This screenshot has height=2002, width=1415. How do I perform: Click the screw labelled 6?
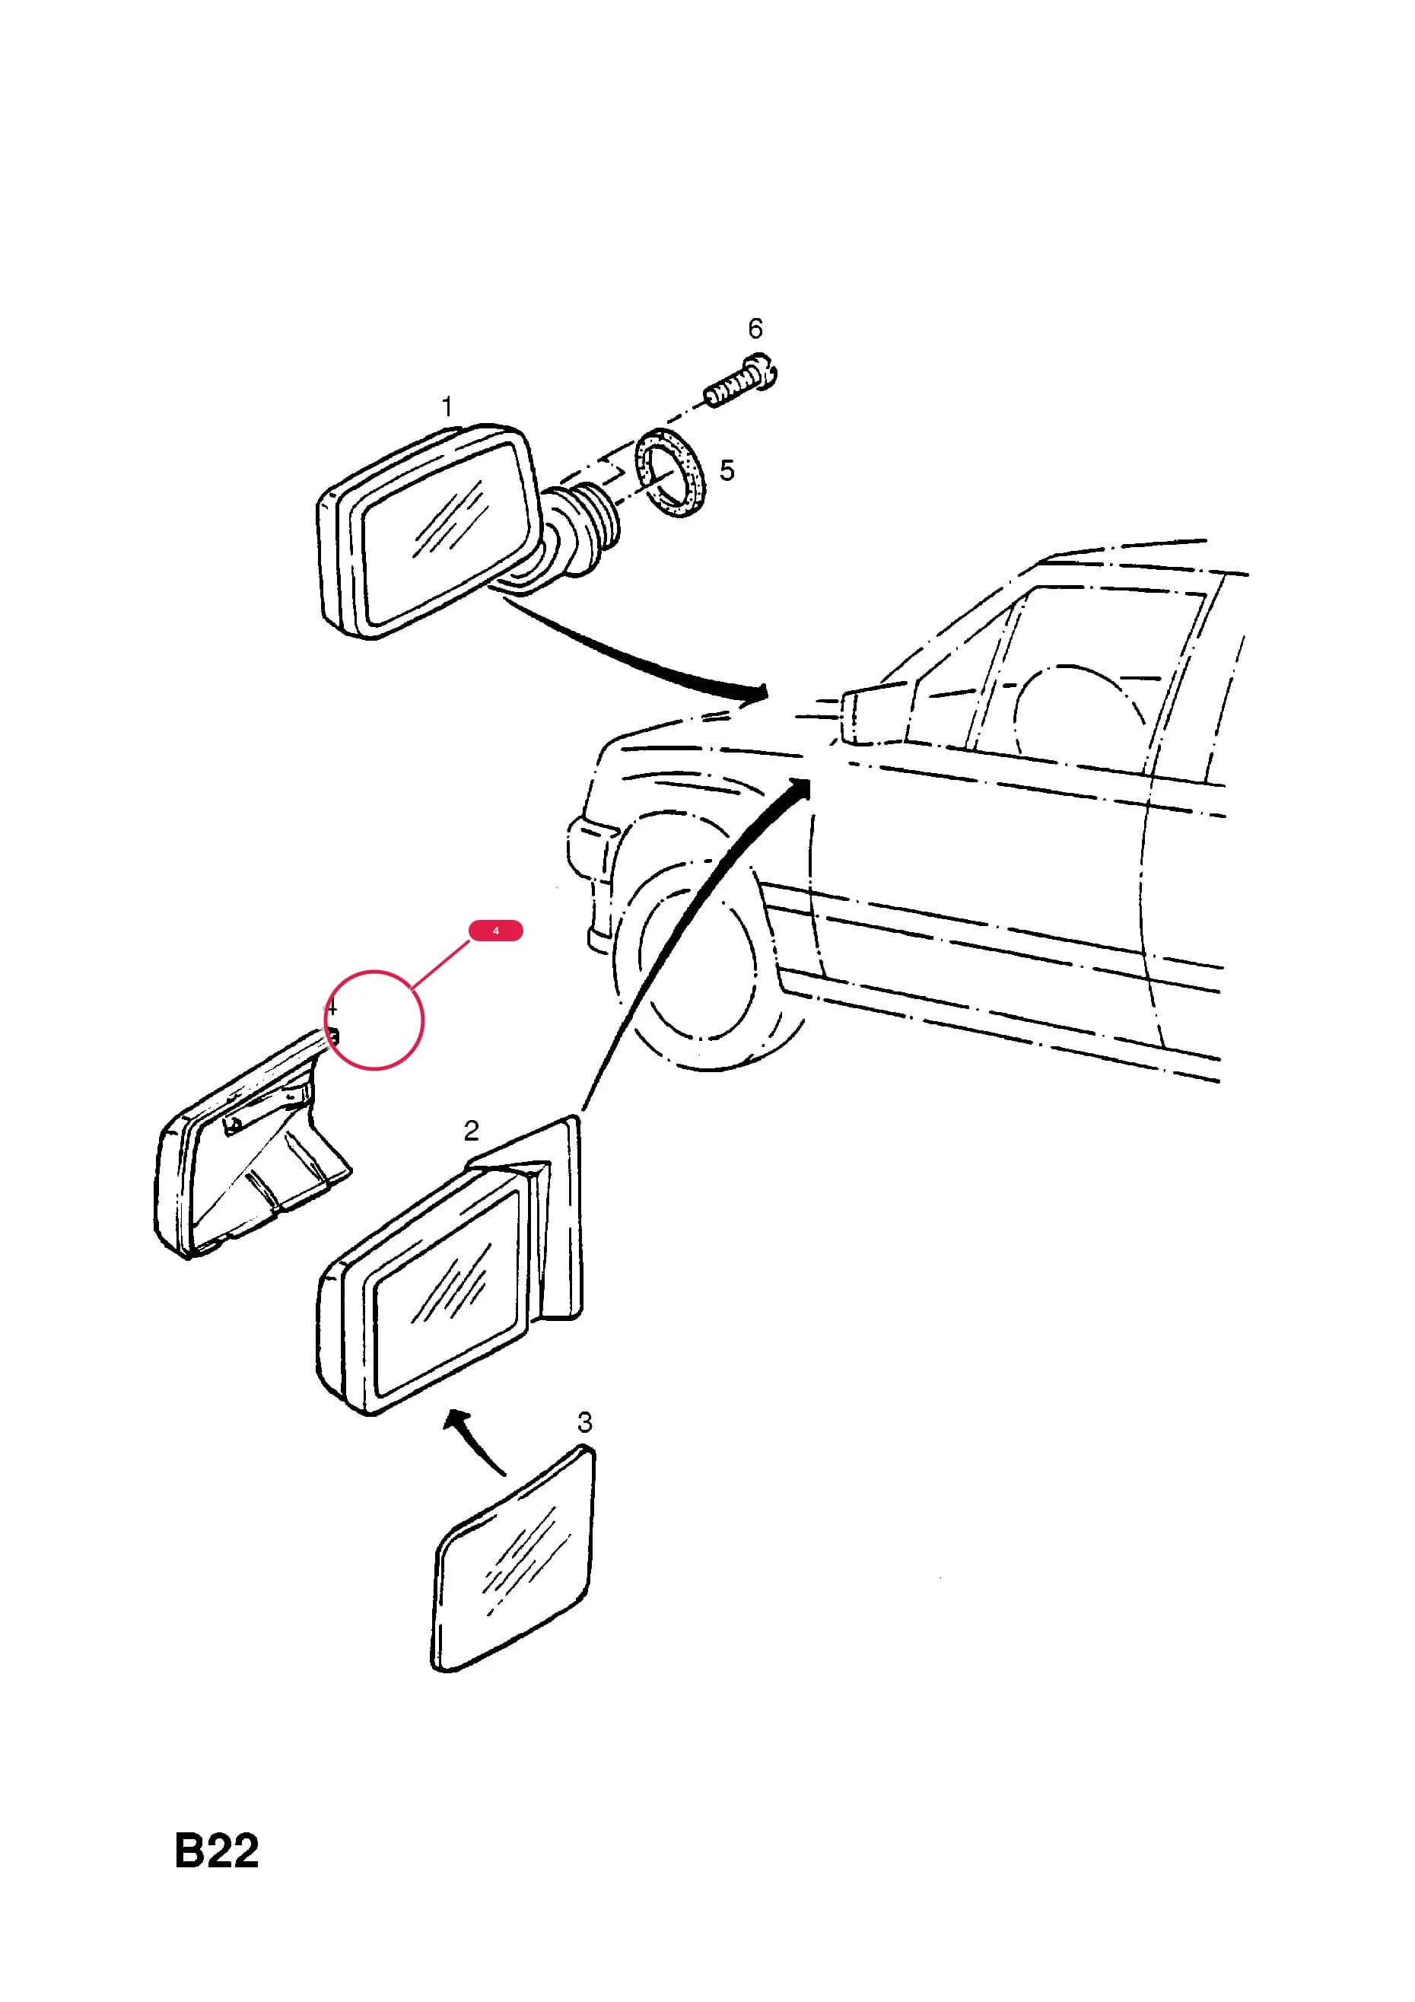click(x=741, y=380)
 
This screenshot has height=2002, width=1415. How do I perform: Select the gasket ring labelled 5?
click(x=670, y=473)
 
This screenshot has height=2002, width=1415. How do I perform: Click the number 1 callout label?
click(x=447, y=406)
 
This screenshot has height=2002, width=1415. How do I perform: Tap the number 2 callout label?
click(x=471, y=1130)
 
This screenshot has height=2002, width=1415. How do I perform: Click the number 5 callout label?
click(x=727, y=471)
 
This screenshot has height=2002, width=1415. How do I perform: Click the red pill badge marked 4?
click(x=496, y=931)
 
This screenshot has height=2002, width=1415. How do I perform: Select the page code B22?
click(x=216, y=1851)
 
